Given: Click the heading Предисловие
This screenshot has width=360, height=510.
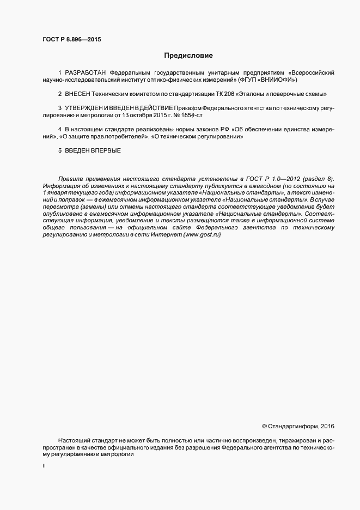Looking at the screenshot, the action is click(188, 56).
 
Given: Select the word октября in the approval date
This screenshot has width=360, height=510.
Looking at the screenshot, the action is click(150, 115).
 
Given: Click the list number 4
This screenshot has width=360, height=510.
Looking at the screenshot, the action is click(60, 129).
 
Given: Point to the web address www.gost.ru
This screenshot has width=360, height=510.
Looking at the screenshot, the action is click(203, 218).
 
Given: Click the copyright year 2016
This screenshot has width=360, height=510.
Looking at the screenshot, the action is click(327, 426).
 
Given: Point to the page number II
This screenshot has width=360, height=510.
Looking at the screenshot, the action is click(44, 467).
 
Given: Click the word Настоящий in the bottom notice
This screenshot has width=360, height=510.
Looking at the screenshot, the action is click(74, 440).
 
